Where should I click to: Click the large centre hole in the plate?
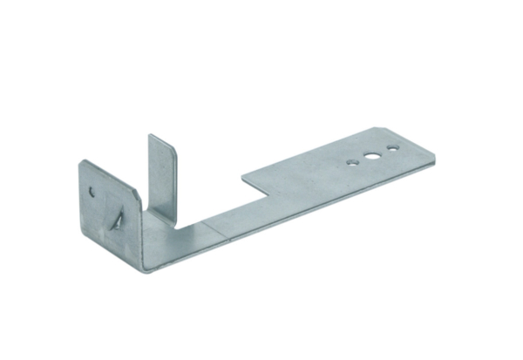pyautogui.click(x=372, y=158)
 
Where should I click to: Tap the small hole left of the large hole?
pyautogui.click(x=351, y=162)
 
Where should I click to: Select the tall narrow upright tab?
pyautogui.click(x=162, y=174)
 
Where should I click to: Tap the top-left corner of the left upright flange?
pyautogui.click(x=81, y=162)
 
